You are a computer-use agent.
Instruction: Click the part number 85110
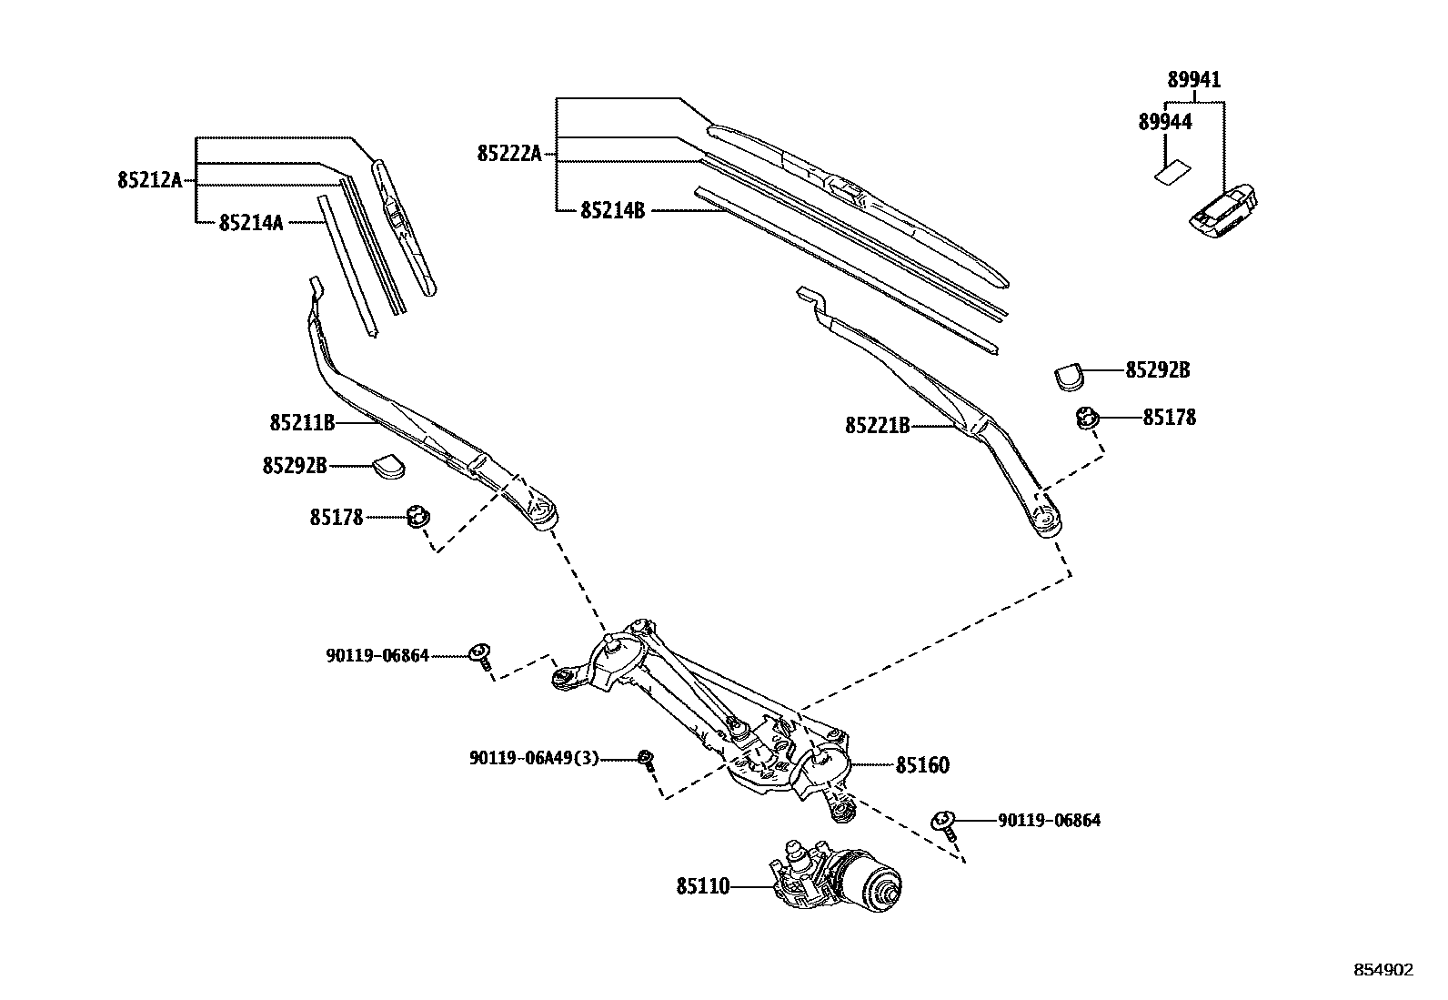pos(702,885)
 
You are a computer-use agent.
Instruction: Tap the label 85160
pos(921,765)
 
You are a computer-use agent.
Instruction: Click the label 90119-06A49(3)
pos(534,757)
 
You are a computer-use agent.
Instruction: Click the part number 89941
pos(1193,80)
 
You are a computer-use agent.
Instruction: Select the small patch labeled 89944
pos(1173,171)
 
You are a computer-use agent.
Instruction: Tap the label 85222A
pos(508,154)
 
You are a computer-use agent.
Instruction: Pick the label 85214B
pos(612,210)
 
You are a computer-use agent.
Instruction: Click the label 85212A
pos(149,180)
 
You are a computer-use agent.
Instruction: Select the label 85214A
pos(250,222)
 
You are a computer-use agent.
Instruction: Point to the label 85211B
pos(302,422)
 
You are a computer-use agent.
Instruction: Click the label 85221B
pos(877,425)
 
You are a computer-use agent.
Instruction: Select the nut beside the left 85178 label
pos(417,517)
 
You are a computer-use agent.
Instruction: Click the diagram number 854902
pos(1383,970)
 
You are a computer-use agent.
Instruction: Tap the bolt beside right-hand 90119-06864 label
pos(944,823)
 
